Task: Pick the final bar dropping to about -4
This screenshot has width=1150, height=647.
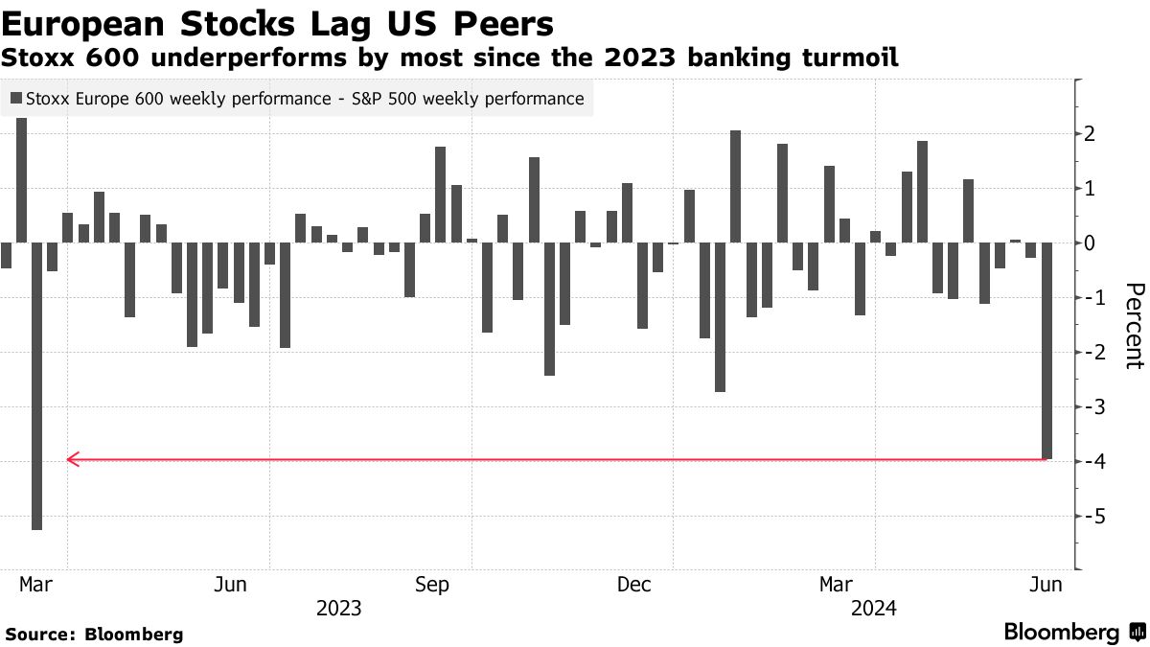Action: point(1047,351)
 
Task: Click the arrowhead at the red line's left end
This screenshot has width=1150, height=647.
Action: point(71,460)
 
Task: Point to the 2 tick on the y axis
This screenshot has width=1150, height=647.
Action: point(1090,134)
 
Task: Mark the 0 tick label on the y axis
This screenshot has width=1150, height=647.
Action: point(1090,243)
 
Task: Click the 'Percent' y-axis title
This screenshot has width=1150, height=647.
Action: point(1134,326)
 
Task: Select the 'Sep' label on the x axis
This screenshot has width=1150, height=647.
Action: point(431,584)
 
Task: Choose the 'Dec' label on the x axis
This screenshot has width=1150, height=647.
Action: point(634,584)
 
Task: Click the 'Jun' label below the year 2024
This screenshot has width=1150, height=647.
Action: point(1046,584)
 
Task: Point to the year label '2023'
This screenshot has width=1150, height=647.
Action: point(338,608)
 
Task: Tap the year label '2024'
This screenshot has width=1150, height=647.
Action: point(873,608)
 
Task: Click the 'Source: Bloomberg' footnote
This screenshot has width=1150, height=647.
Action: point(94,634)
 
